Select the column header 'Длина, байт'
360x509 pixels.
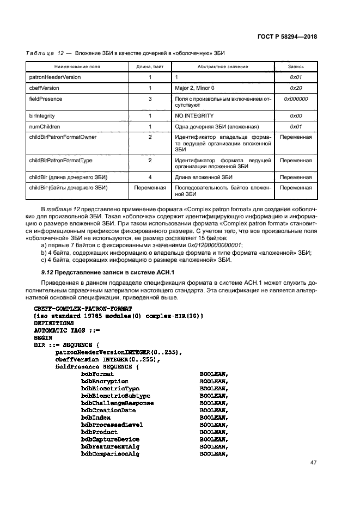pos(150,66)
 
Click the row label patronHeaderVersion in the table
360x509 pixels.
pos(55,77)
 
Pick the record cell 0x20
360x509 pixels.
pos(296,88)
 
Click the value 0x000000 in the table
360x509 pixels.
pos(296,99)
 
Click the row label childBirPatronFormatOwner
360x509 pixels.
pos(62,137)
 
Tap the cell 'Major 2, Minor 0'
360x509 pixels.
pos(194,88)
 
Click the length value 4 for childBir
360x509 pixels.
pos(150,177)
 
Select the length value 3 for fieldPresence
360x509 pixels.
pos(150,99)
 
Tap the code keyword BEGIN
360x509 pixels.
pos(44,338)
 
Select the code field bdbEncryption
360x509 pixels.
pos(105,382)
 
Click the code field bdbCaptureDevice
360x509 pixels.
pos(110,439)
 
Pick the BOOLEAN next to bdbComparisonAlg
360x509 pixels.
pos(213,454)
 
